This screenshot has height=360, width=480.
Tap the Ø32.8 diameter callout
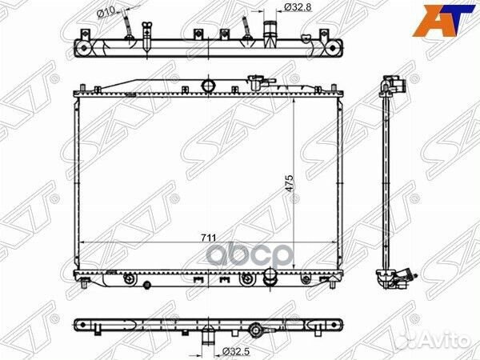click(296, 8)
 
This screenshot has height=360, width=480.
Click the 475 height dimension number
click(289, 183)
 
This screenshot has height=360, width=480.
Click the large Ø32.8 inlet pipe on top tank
click(270, 34)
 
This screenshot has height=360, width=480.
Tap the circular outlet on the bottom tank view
click(255, 328)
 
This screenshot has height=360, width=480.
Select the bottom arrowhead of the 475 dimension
click(297, 271)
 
